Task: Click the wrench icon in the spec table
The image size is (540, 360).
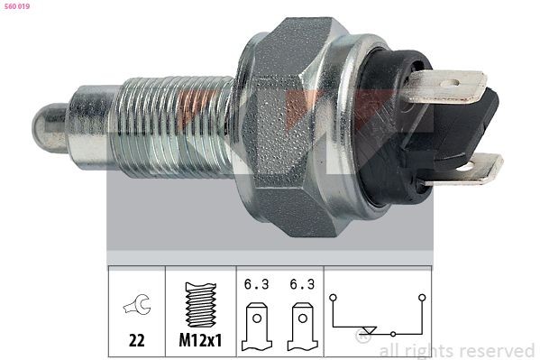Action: (x=137, y=308)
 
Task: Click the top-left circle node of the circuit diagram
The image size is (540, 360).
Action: (x=334, y=295)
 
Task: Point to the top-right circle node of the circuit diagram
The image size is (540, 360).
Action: (x=419, y=295)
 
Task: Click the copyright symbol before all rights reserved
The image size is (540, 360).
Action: (x=364, y=340)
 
